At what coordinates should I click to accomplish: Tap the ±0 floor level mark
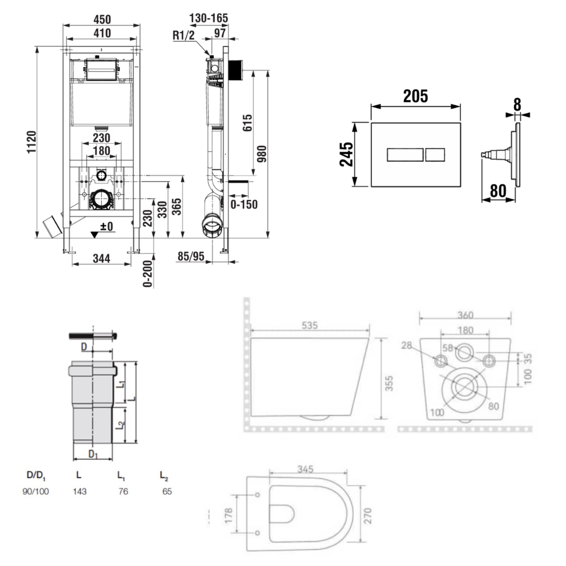[x=106, y=227]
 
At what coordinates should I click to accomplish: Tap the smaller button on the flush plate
[x=435, y=154]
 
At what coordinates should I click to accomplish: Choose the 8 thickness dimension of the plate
[x=517, y=104]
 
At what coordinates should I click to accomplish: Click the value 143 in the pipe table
[x=79, y=491]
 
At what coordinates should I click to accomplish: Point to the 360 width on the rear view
[x=466, y=315]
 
